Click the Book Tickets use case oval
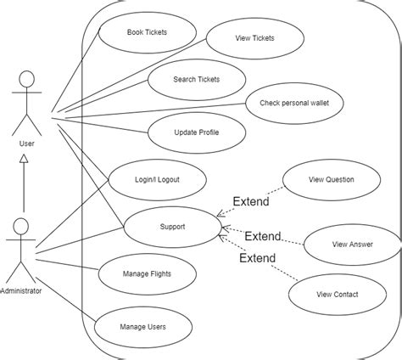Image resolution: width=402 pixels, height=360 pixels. coord(148,32)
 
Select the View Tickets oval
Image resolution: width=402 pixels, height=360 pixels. coord(254,37)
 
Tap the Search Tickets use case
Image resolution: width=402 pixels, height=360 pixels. coord(196,79)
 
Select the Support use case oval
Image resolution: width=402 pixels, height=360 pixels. coord(172,227)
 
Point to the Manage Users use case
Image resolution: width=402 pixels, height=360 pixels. coord(142,325)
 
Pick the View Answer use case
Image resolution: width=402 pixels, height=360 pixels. coord(350,245)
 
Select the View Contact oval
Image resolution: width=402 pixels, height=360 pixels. coord(337,294)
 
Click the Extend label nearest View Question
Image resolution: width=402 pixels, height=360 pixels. coord(250,202)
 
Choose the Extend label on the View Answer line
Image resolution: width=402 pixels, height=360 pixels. coord(262,235)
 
